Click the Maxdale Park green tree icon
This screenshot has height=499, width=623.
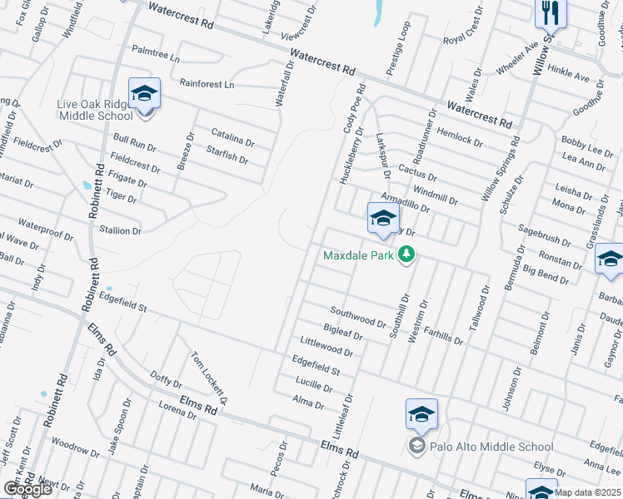click(x=406, y=254)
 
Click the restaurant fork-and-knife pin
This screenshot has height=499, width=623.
click(x=551, y=12)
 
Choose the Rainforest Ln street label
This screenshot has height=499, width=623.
click(x=207, y=85)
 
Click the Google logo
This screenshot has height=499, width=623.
click(x=27, y=489)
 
